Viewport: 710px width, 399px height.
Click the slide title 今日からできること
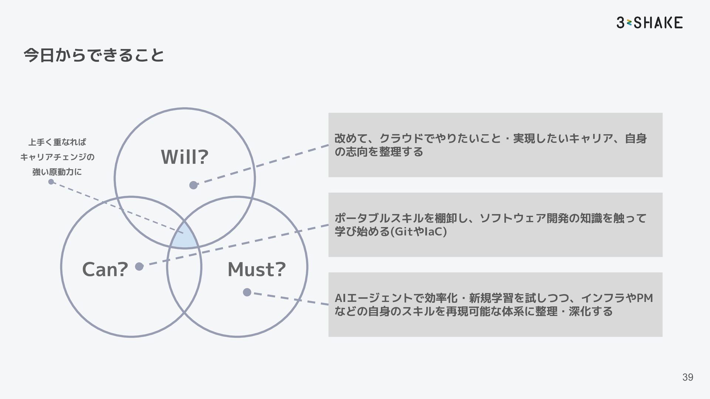(x=94, y=56)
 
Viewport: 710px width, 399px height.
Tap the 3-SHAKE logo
(x=649, y=23)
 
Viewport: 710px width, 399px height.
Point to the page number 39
(x=687, y=377)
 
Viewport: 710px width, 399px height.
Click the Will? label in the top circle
(x=185, y=157)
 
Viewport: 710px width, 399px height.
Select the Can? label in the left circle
(x=105, y=269)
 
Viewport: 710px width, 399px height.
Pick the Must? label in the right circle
(x=257, y=269)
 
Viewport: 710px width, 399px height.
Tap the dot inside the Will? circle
(x=193, y=185)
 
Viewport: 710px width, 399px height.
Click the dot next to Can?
(x=139, y=266)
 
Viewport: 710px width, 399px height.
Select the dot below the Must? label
(x=247, y=293)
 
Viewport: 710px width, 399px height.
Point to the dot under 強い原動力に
(x=51, y=182)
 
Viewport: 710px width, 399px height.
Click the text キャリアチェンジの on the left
(x=57, y=157)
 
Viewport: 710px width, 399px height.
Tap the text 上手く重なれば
(x=57, y=142)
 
